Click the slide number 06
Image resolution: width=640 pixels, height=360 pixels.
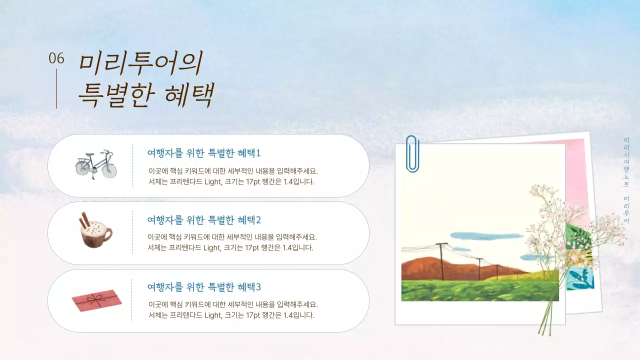point(56,58)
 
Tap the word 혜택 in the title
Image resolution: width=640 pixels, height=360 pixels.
point(189,95)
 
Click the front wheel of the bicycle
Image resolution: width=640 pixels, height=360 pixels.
point(109,170)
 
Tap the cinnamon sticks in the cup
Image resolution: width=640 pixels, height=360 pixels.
point(83,220)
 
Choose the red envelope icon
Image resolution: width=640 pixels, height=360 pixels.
point(97,300)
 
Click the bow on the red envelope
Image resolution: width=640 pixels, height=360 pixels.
point(94,299)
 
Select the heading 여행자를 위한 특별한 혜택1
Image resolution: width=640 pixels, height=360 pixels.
point(204,153)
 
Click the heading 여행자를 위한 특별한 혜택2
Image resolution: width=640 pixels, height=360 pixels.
point(204,220)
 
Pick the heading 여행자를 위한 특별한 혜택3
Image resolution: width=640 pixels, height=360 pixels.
point(204,287)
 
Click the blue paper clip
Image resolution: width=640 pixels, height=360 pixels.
point(412,153)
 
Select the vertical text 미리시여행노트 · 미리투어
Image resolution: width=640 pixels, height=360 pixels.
point(626,180)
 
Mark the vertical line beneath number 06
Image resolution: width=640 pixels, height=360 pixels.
point(56,89)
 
